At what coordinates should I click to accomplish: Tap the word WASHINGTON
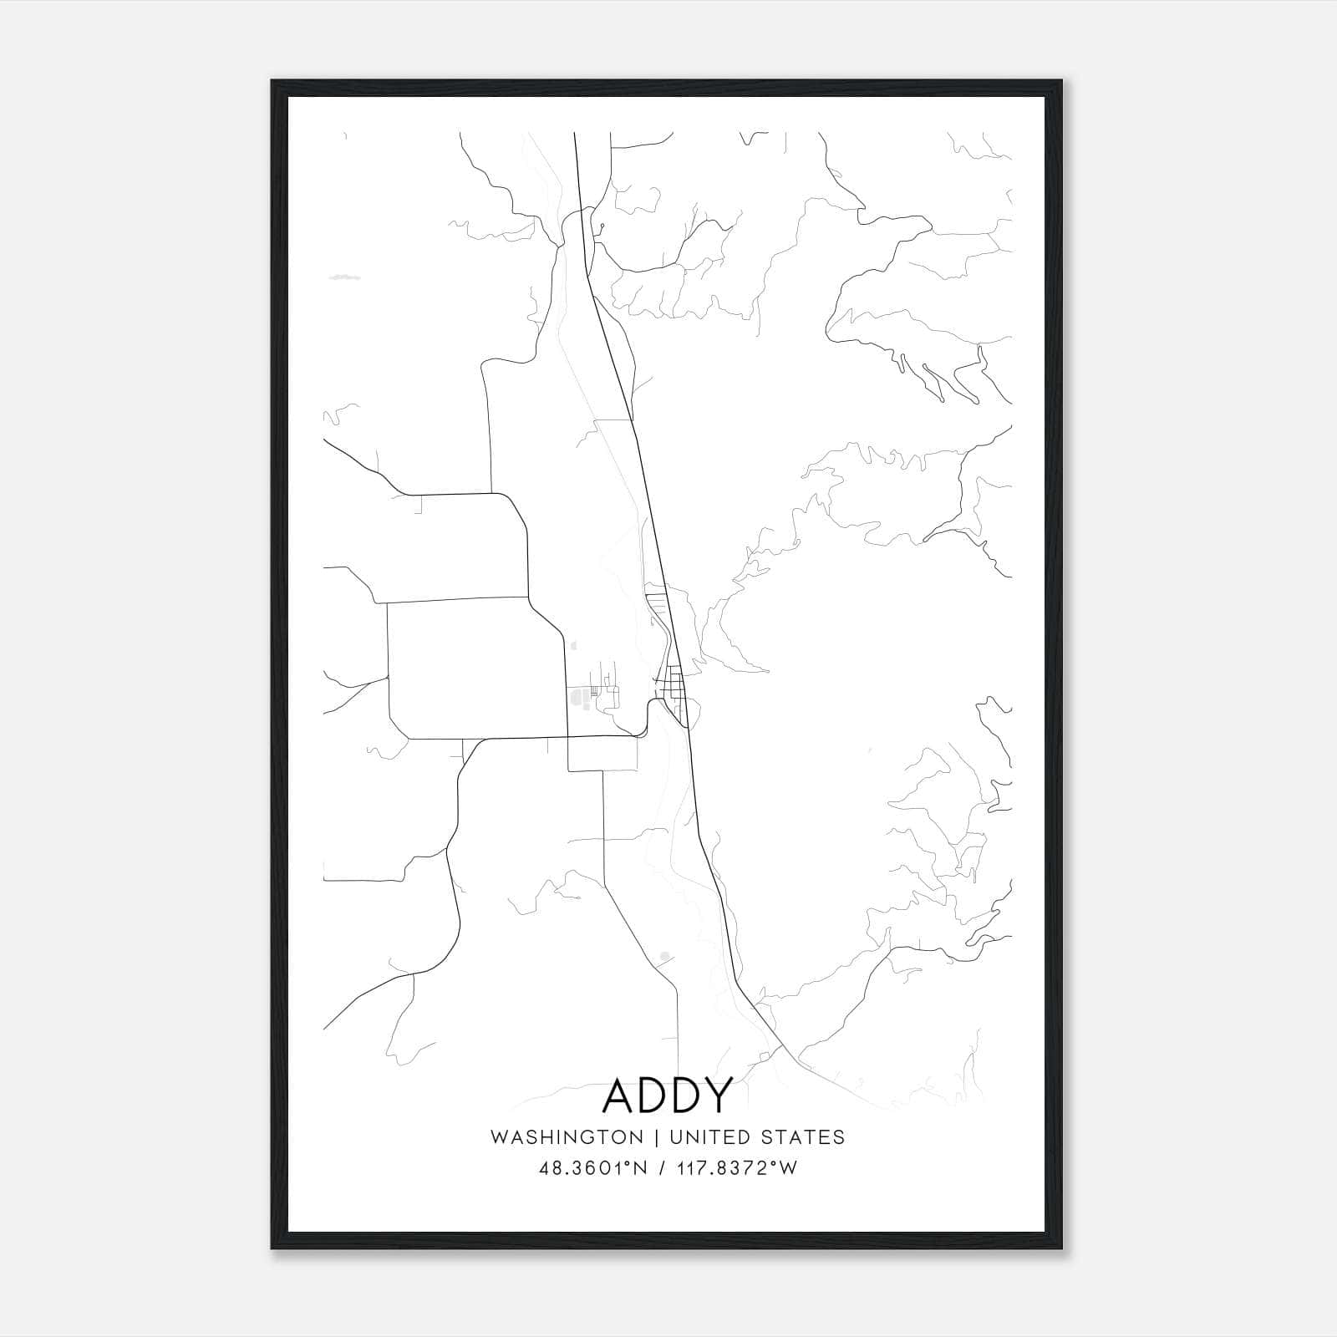pyautogui.click(x=567, y=1137)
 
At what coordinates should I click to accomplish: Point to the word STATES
pyautogui.click(x=803, y=1137)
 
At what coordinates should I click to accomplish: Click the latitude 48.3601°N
pyautogui.click(x=594, y=1168)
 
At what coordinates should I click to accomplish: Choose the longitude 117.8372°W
pyautogui.click(x=738, y=1168)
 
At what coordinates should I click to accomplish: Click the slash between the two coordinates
pyautogui.click(x=663, y=1168)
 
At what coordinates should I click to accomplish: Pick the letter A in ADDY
pyautogui.click(x=619, y=1096)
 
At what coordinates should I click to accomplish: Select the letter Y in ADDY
pyautogui.click(x=719, y=1096)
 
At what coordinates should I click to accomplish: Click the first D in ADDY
pyautogui.click(x=653, y=1096)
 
